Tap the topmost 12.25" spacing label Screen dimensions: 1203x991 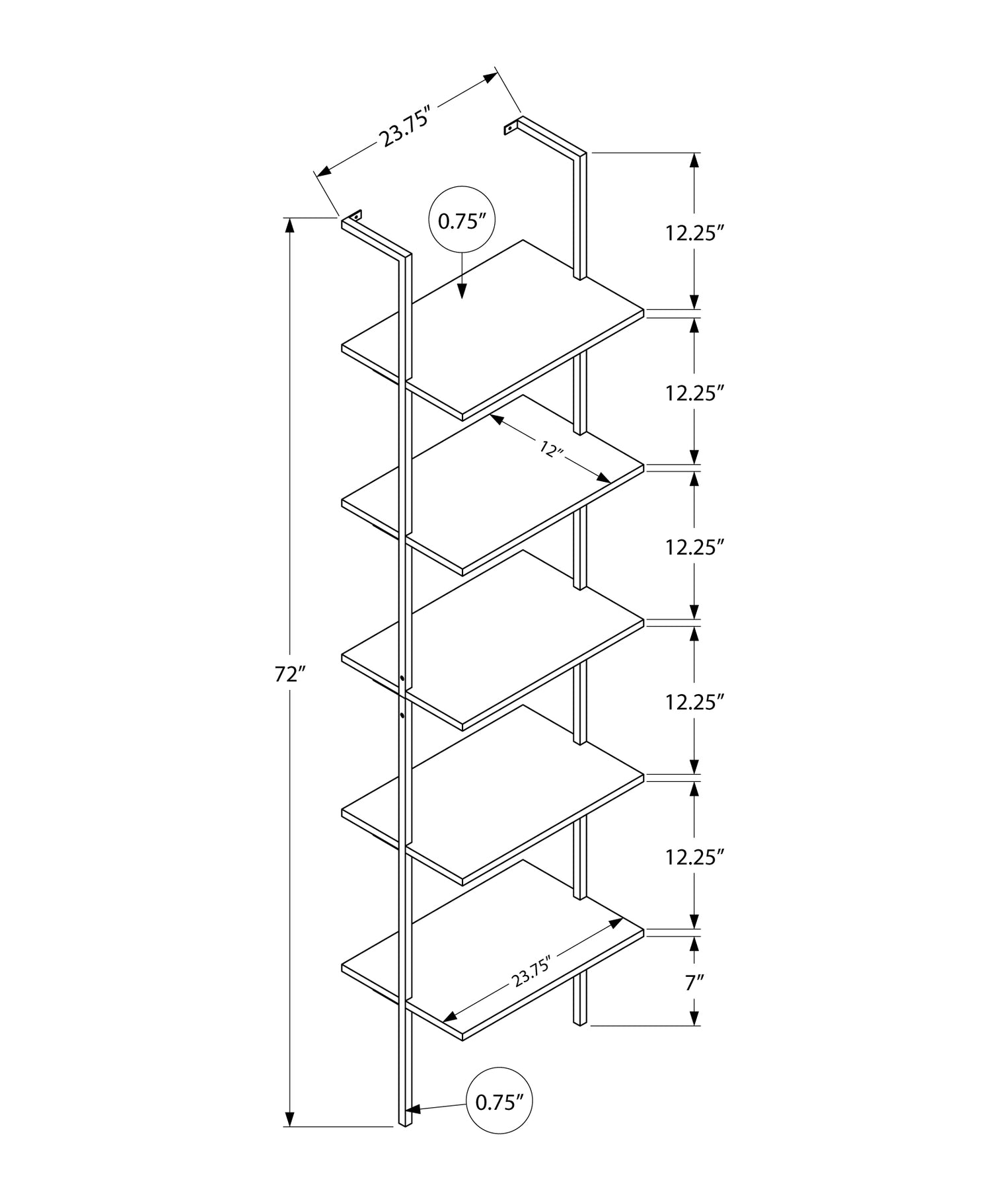(x=691, y=233)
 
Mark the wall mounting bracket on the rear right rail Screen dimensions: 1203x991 (x=511, y=126)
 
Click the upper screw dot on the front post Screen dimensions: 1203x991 (x=402, y=678)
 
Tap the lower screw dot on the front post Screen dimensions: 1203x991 (x=402, y=715)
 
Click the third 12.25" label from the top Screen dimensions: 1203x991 (x=691, y=547)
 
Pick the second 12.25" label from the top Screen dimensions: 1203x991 (x=691, y=393)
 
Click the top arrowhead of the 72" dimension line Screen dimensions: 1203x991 (x=289, y=225)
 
